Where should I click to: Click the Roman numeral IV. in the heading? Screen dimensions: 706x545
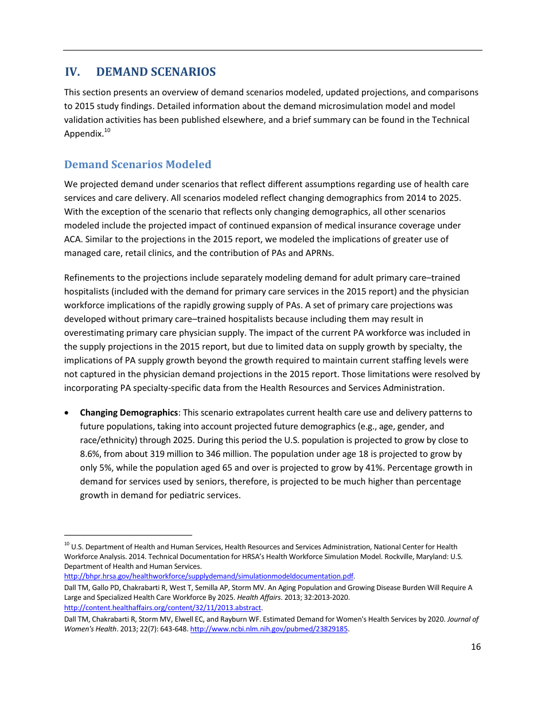[72, 72]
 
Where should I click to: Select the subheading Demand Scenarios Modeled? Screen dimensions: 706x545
[138, 165]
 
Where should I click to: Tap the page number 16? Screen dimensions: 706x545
[476, 647]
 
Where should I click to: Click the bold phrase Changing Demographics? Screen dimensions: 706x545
[129, 413]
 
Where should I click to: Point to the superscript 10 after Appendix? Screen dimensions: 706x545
[107, 131]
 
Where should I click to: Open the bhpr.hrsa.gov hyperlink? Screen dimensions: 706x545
[208, 576]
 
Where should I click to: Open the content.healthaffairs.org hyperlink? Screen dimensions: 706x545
[162, 607]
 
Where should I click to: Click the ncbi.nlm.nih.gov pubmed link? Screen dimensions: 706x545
[269, 629]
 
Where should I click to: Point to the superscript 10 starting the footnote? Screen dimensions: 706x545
[67, 544]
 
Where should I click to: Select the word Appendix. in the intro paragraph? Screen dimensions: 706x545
[83, 134]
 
